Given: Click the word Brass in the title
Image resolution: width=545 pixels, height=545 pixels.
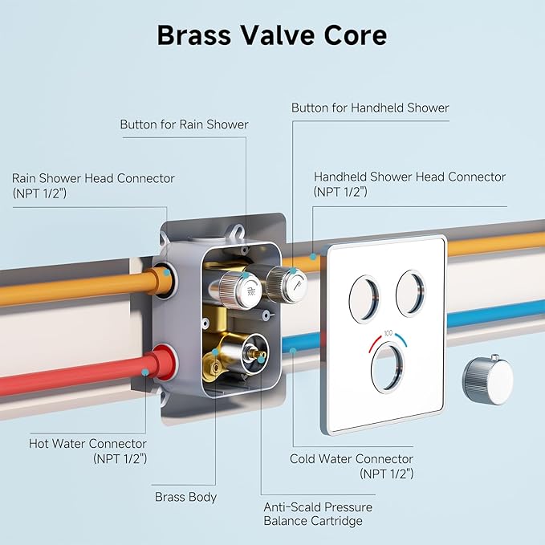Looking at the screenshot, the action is pyautogui.click(x=193, y=35).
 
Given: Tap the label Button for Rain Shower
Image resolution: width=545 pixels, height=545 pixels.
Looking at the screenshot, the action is pyautogui.click(x=184, y=124).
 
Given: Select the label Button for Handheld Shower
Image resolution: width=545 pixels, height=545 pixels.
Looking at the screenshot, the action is pyautogui.click(x=370, y=108).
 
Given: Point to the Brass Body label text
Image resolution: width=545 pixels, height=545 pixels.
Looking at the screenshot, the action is pyautogui.click(x=185, y=497).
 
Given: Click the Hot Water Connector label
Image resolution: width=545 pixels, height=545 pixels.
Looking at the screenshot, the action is pyautogui.click(x=88, y=451).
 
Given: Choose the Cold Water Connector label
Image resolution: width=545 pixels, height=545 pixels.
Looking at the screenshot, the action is pyautogui.click(x=352, y=466).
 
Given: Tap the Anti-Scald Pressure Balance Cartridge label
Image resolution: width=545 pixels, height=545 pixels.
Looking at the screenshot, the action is pyautogui.click(x=318, y=514).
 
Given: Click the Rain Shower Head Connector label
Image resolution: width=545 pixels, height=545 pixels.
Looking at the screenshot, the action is pyautogui.click(x=93, y=185).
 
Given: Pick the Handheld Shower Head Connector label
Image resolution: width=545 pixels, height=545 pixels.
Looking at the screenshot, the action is pyautogui.click(x=409, y=184).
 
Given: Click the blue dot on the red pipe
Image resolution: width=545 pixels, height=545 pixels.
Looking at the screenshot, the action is pyautogui.click(x=145, y=372).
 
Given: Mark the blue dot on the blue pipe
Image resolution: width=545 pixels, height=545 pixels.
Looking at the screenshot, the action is pyautogui.click(x=293, y=351).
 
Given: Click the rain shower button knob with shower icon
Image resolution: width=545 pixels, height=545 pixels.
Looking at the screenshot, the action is pyautogui.click(x=241, y=289).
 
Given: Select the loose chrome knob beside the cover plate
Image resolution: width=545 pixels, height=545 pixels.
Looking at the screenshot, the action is pyautogui.click(x=487, y=380).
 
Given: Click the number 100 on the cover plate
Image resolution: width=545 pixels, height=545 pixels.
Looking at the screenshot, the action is pyautogui.click(x=388, y=333).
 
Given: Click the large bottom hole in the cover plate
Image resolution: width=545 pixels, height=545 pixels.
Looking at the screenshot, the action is pyautogui.click(x=388, y=368).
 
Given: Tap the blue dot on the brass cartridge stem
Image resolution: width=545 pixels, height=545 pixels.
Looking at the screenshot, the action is pyautogui.click(x=260, y=360).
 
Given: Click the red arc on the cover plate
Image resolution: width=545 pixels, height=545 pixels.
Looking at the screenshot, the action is pyautogui.click(x=375, y=344).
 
